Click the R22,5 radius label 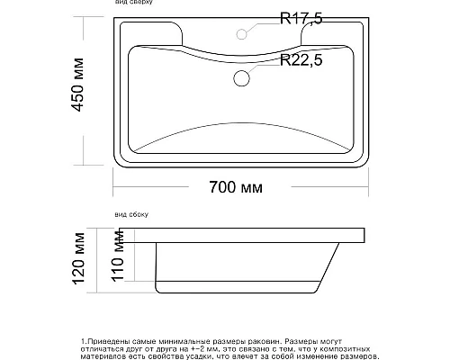302,60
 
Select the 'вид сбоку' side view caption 131,216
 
